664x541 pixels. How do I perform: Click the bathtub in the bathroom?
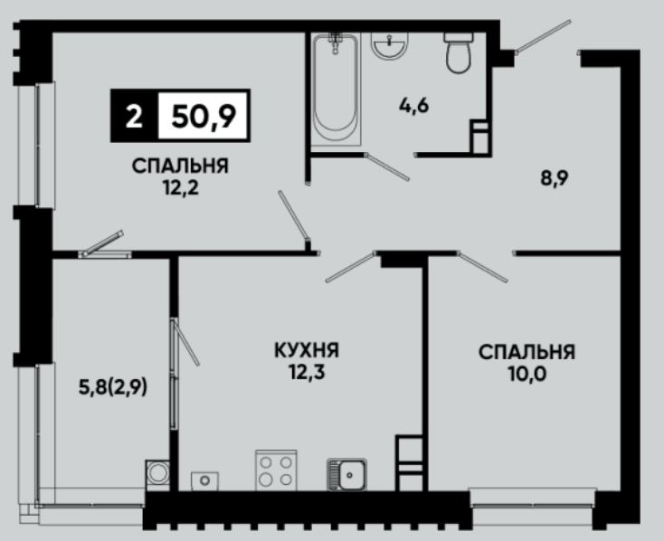337,90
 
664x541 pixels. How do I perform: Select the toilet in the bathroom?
459,52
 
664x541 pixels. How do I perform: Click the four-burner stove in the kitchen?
276,470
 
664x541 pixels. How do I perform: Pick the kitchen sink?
346,475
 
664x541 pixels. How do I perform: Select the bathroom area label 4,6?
413,106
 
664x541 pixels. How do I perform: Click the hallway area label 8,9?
554,178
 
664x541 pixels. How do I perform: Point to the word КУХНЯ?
307,350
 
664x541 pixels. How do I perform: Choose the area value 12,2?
181,187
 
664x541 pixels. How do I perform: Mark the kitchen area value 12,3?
307,373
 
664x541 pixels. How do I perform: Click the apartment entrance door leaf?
543,36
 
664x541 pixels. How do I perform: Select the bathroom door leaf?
387,167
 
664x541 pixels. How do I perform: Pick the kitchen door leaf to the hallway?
350,267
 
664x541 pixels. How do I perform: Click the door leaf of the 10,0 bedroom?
483,267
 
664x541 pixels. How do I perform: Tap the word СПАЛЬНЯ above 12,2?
180,166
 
